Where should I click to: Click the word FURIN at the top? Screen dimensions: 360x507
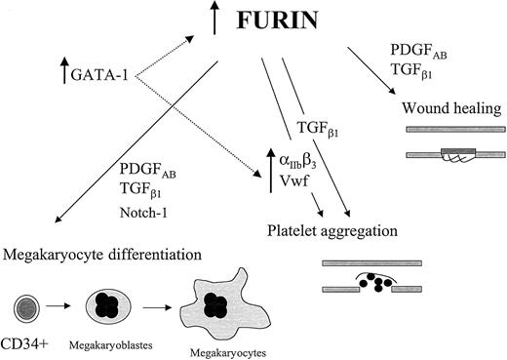point(290,21)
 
